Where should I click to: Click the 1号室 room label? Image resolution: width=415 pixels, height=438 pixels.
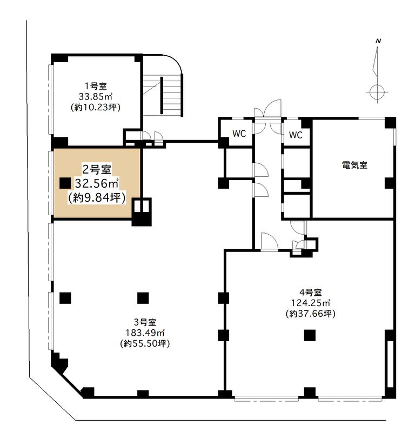(96, 86)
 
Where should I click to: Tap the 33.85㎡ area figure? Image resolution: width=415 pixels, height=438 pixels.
(96, 97)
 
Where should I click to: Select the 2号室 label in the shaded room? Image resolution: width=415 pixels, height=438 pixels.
(97, 169)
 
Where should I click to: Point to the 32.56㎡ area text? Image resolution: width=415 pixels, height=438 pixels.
(97, 183)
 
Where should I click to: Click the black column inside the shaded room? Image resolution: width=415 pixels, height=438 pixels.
(65, 183)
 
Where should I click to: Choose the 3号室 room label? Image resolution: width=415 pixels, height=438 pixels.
(145, 322)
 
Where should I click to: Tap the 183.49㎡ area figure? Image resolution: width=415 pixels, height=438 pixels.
(145, 333)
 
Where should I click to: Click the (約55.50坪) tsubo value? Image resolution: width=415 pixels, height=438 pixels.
(145, 343)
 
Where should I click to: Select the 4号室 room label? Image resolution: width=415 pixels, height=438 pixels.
(310, 293)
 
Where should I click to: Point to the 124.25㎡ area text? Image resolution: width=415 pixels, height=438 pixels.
(310, 303)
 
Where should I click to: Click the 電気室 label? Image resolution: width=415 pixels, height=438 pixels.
(354, 165)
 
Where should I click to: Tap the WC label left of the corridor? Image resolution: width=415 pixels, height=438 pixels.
(239, 134)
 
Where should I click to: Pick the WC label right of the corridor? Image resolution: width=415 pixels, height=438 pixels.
(296, 135)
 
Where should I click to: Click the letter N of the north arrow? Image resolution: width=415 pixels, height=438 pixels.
(378, 41)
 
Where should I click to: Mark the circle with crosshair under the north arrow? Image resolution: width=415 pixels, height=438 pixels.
(377, 91)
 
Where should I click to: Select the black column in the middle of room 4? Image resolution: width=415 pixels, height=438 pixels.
(310, 335)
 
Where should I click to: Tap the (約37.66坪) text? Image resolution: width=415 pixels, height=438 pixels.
(310, 314)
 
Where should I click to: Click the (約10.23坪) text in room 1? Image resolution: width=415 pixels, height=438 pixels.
(96, 107)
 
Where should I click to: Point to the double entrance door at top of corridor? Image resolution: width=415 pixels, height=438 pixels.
(268, 116)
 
